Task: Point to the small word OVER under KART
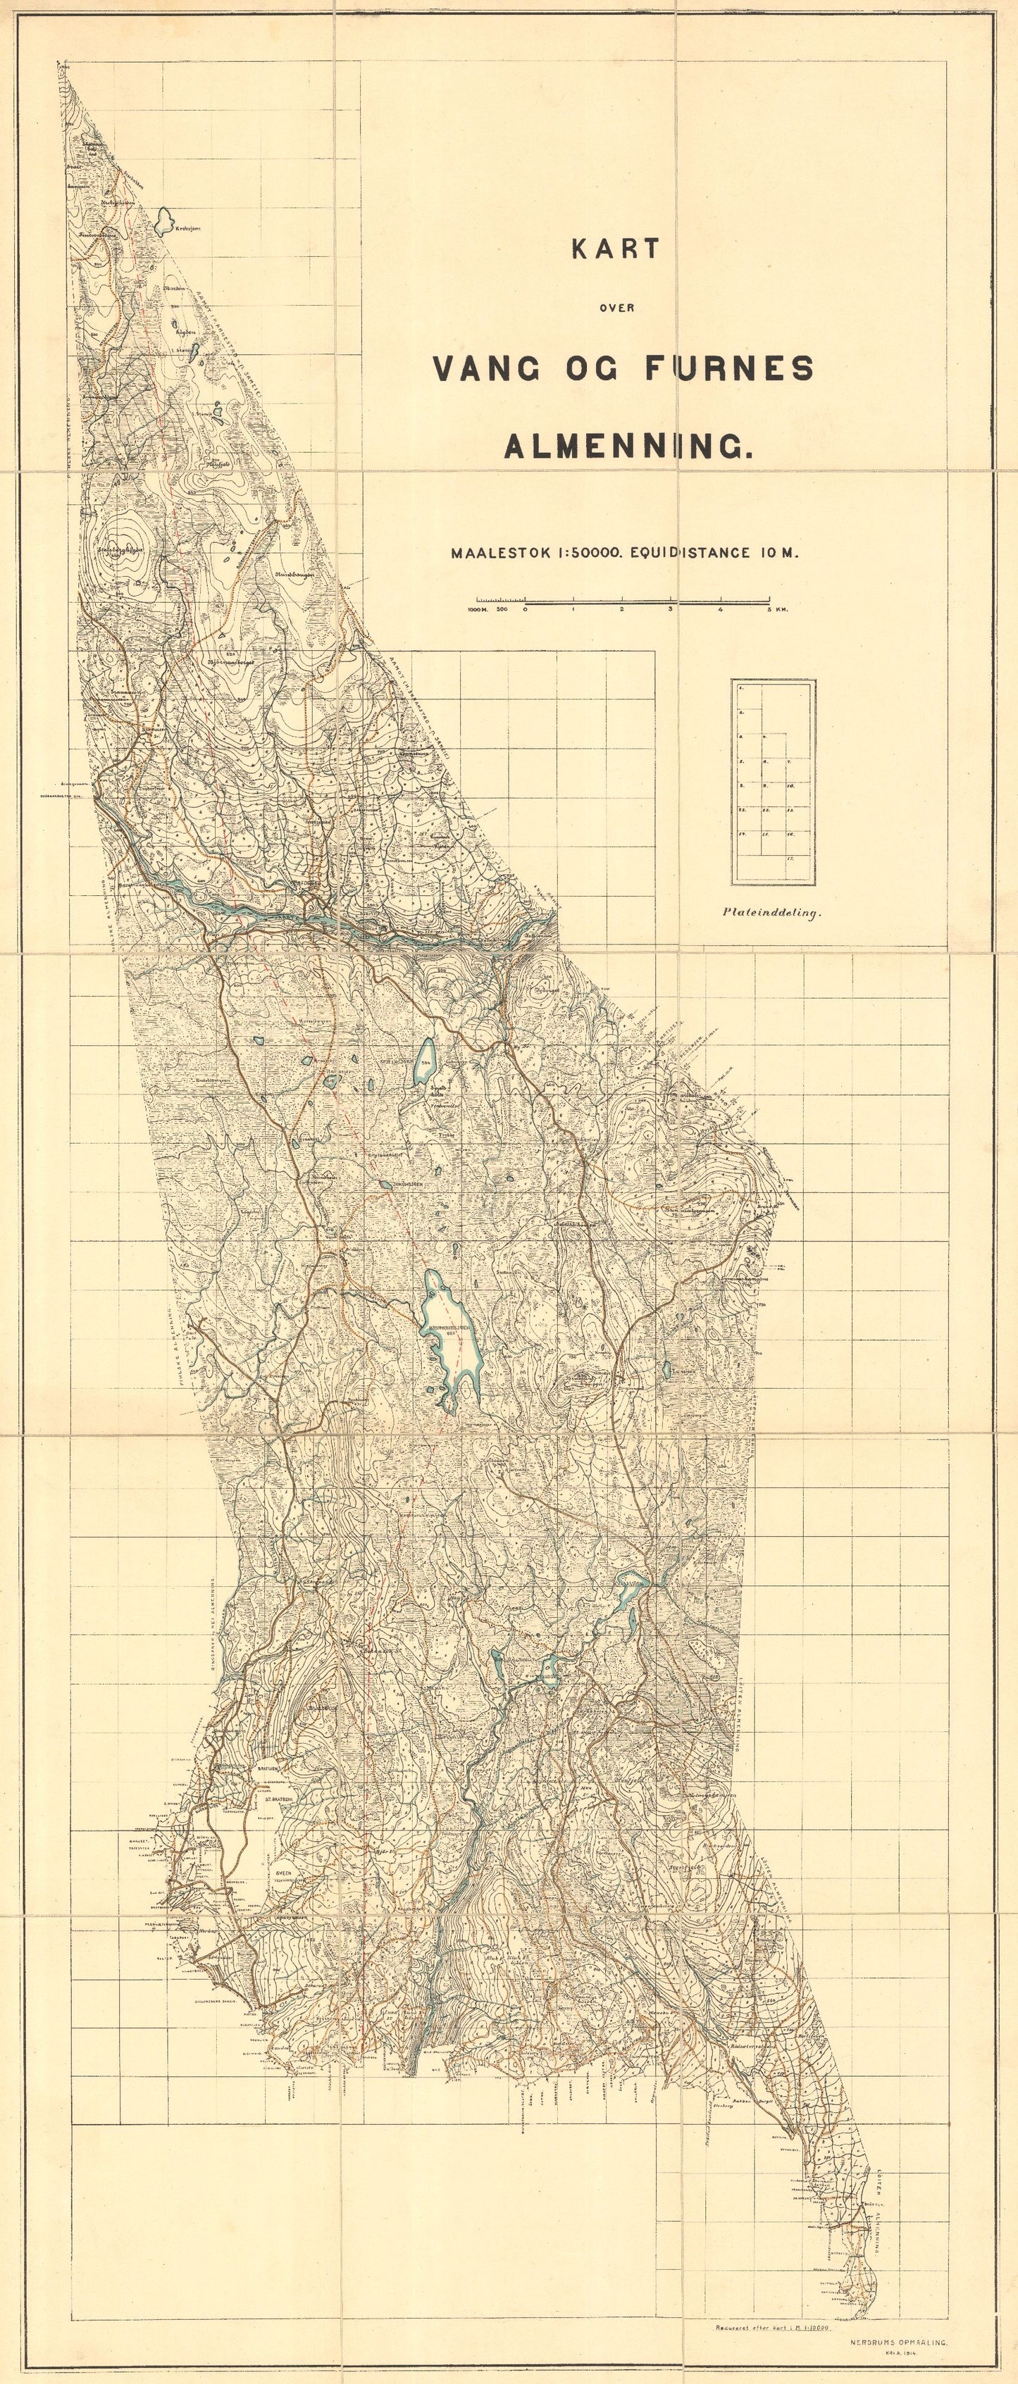[x=614, y=308]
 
